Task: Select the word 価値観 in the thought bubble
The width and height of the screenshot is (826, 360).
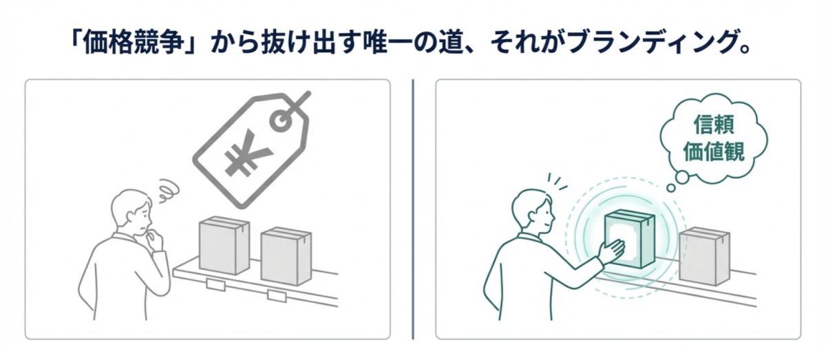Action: click(x=712, y=151)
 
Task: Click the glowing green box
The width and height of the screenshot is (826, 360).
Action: click(x=628, y=238)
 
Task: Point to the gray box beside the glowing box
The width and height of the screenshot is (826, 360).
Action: click(x=703, y=255)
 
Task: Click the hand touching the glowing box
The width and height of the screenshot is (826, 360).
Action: click(x=611, y=250)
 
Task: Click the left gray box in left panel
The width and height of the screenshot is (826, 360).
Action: click(x=224, y=245)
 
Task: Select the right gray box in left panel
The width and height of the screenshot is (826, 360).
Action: click(x=286, y=255)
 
